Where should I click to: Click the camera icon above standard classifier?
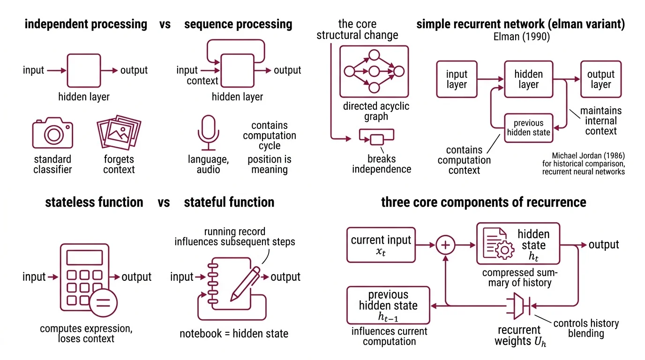pos(52,133)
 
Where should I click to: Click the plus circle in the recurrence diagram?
pos(446,245)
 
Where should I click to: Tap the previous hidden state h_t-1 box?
pos(388,305)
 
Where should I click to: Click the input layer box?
pos(457,80)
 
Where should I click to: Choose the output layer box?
pos(600,80)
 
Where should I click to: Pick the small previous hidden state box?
pos(528,127)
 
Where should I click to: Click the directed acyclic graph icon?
pos(374,71)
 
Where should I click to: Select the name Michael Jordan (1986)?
pos(588,155)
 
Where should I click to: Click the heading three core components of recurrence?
pos(483,202)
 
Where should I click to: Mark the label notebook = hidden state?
pos(234,334)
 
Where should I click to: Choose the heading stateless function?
pos(94,202)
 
